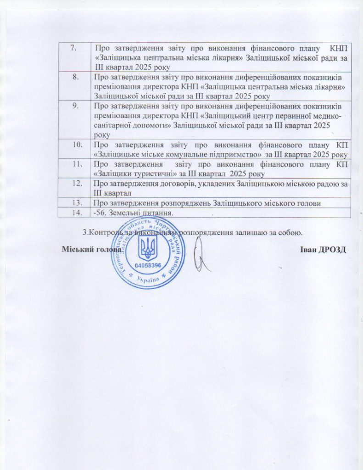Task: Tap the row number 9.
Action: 73,106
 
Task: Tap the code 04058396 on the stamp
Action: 148,266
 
